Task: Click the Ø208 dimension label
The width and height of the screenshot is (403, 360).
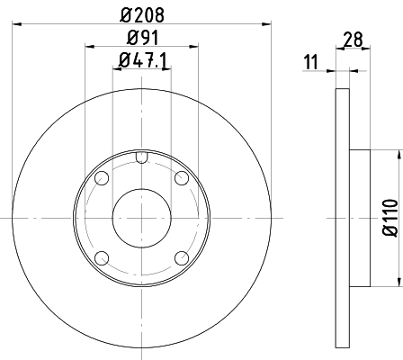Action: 142,15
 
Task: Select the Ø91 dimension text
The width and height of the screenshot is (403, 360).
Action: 142,38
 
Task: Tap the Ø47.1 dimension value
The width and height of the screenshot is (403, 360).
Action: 142,60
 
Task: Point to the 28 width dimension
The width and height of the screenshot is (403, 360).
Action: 354,40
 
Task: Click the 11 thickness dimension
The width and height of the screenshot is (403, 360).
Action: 310,62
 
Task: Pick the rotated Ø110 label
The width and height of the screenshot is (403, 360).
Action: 390,217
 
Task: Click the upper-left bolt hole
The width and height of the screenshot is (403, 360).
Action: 102,178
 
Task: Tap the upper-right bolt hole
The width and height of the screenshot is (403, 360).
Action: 182,178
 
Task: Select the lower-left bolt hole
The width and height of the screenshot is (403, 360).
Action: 102,258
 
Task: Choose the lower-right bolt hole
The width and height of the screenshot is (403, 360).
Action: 182,258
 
